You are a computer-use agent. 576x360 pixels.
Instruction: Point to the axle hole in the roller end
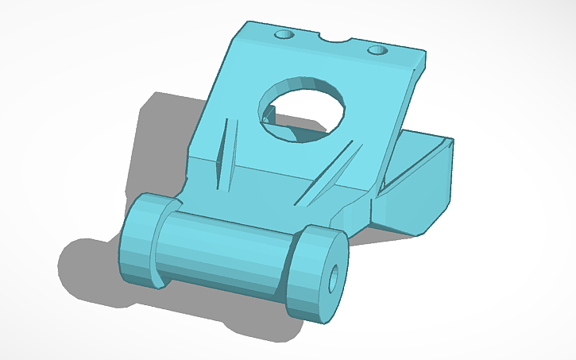(x=334, y=276)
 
